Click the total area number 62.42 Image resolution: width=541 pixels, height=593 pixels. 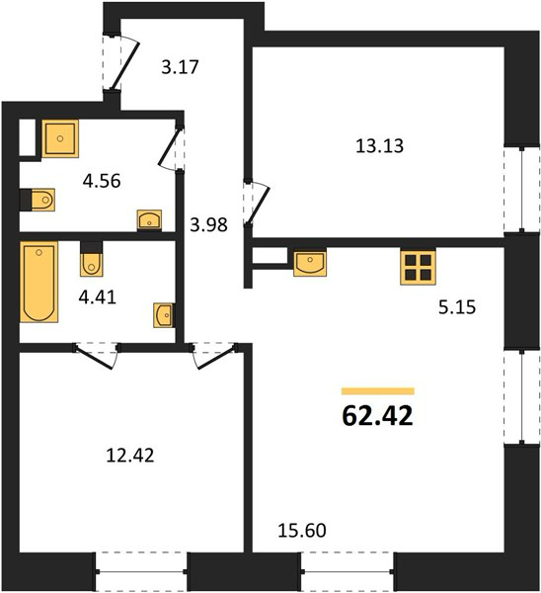[377, 416]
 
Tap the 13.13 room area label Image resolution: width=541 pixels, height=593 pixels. [379, 146]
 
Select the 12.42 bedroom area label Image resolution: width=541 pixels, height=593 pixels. [130, 456]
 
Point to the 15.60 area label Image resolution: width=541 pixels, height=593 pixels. [302, 530]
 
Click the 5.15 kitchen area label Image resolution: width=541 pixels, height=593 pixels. [457, 307]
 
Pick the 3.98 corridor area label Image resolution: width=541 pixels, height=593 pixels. [208, 225]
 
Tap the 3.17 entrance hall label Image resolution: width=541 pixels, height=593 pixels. [180, 67]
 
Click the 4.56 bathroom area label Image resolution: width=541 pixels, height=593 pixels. [102, 181]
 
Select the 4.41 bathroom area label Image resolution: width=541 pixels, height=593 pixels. [97, 297]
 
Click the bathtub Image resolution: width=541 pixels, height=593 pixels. [39, 282]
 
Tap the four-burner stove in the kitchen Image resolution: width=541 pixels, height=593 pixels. [418, 267]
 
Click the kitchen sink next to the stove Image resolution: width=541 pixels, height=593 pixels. [310, 263]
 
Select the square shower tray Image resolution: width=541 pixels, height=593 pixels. [60, 138]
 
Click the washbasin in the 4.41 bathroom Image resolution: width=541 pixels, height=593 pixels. [164, 315]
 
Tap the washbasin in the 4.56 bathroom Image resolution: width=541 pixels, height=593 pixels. [149, 220]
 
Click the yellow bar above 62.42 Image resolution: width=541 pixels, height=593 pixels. [378, 391]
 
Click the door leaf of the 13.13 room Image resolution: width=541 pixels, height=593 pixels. [259, 206]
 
